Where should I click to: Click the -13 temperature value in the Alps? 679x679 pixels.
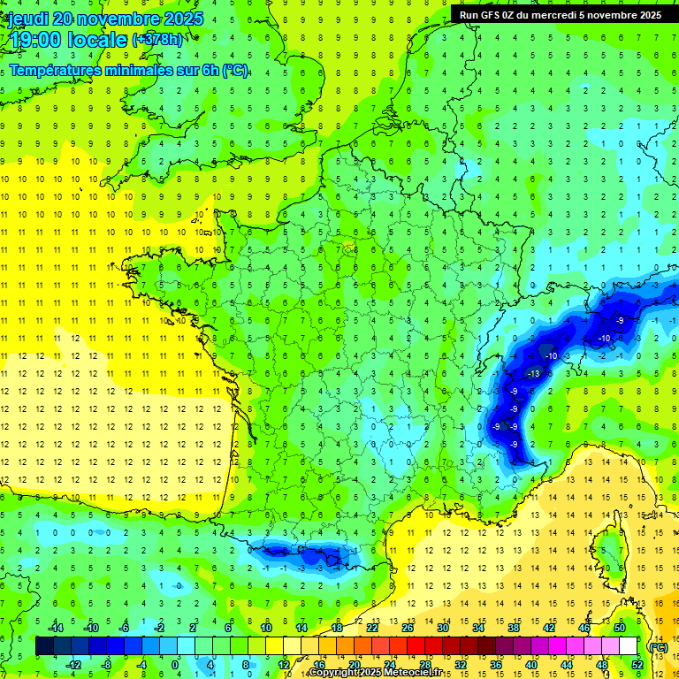533,374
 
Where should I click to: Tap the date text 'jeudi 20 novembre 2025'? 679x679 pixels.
106,19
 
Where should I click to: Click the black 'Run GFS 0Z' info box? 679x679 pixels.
561,14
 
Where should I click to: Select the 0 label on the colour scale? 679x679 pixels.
174,665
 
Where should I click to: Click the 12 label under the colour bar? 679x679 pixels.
283,665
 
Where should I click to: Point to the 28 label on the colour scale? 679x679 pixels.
424,665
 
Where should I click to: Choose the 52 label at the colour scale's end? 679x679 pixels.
637,665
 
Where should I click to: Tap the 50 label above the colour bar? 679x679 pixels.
620,628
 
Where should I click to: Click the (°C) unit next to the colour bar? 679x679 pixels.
658,646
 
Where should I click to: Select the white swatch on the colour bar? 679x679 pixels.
629,646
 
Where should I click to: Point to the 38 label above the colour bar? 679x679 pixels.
513,628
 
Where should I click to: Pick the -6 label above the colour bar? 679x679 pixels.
125,628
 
